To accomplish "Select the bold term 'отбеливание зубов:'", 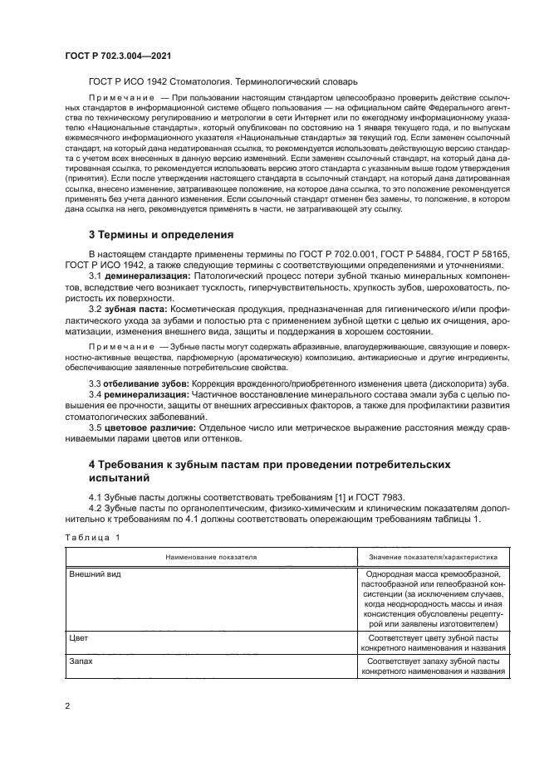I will coord(148,383).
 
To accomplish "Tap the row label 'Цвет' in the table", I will coord(79,639).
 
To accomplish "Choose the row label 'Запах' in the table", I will coord(81,661).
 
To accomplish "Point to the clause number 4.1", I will coord(96,497).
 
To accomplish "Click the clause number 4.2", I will coord(96,508).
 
